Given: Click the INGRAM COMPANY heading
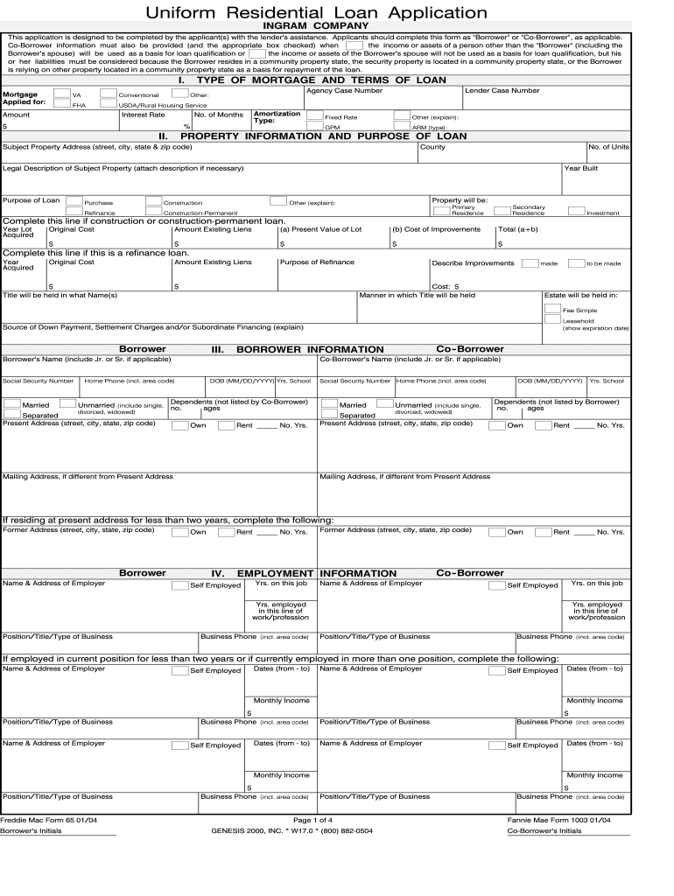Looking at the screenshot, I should point(316,26).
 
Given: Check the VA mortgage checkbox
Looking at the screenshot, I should point(61,94).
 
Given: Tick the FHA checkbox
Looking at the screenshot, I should point(61,104).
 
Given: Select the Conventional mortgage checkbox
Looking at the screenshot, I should point(109,94).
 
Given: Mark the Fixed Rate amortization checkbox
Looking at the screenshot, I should point(315,115).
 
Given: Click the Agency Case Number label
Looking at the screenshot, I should point(344,90).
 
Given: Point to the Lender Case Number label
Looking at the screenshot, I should point(502,90).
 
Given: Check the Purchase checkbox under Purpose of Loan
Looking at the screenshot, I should point(74,201).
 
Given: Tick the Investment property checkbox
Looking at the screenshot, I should point(577,211).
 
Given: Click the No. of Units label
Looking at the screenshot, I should point(608,147).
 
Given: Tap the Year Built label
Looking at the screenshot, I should point(580,168).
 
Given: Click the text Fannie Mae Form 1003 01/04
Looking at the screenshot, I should point(558,820).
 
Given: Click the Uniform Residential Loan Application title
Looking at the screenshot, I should point(316,12).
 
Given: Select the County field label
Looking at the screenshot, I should point(432,147).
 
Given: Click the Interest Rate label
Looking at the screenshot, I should point(143,115).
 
